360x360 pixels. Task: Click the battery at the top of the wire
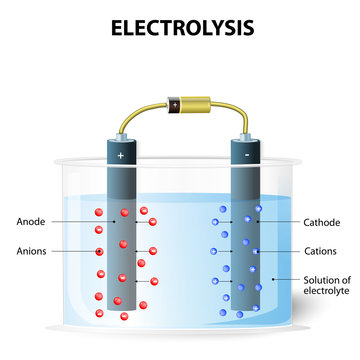tap(180, 103)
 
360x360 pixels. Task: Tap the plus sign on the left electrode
tap(120, 157)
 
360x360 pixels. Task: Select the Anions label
tap(32, 251)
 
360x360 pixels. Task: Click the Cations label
tap(319, 251)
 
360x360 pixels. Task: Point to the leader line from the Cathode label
tap(275, 222)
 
